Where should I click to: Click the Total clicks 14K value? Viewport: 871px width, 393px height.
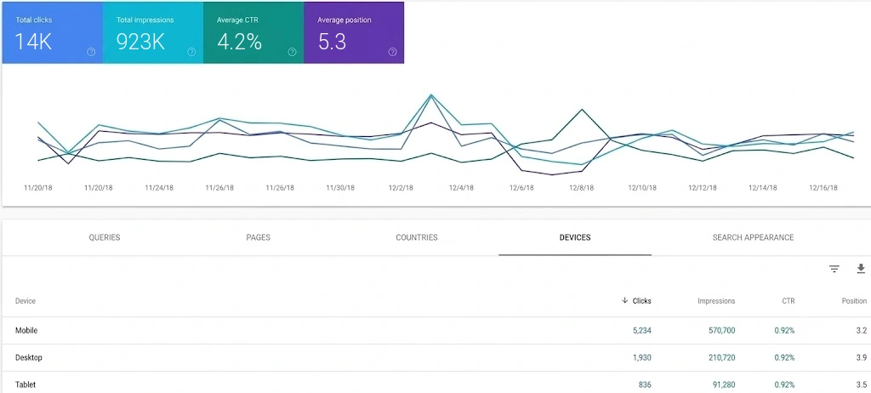(33, 42)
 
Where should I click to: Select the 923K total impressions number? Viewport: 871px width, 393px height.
(140, 42)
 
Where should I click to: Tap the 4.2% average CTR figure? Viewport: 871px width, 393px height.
(239, 42)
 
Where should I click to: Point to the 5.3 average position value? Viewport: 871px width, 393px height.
(333, 42)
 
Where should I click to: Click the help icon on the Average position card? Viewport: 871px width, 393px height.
(393, 52)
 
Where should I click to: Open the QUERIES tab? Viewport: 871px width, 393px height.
(105, 237)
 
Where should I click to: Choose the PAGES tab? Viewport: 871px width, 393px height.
(259, 237)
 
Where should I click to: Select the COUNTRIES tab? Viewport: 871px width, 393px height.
(417, 237)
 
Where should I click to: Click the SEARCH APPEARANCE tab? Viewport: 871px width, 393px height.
(754, 237)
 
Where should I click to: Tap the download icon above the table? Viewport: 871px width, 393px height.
(861, 269)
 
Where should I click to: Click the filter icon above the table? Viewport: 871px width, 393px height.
(834, 269)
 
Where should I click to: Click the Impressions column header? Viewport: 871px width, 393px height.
(716, 301)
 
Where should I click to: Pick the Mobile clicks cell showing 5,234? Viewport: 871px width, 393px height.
(641, 331)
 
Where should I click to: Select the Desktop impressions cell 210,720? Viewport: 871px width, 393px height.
(720, 357)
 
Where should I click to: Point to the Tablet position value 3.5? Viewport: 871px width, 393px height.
(862, 384)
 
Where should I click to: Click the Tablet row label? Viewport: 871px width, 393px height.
(26, 384)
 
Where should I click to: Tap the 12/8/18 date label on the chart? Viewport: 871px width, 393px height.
(581, 188)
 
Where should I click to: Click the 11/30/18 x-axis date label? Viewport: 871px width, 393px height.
(340, 188)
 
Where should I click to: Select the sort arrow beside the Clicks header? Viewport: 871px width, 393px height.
(625, 301)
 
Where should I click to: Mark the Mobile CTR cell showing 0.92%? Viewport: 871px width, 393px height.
(784, 331)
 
